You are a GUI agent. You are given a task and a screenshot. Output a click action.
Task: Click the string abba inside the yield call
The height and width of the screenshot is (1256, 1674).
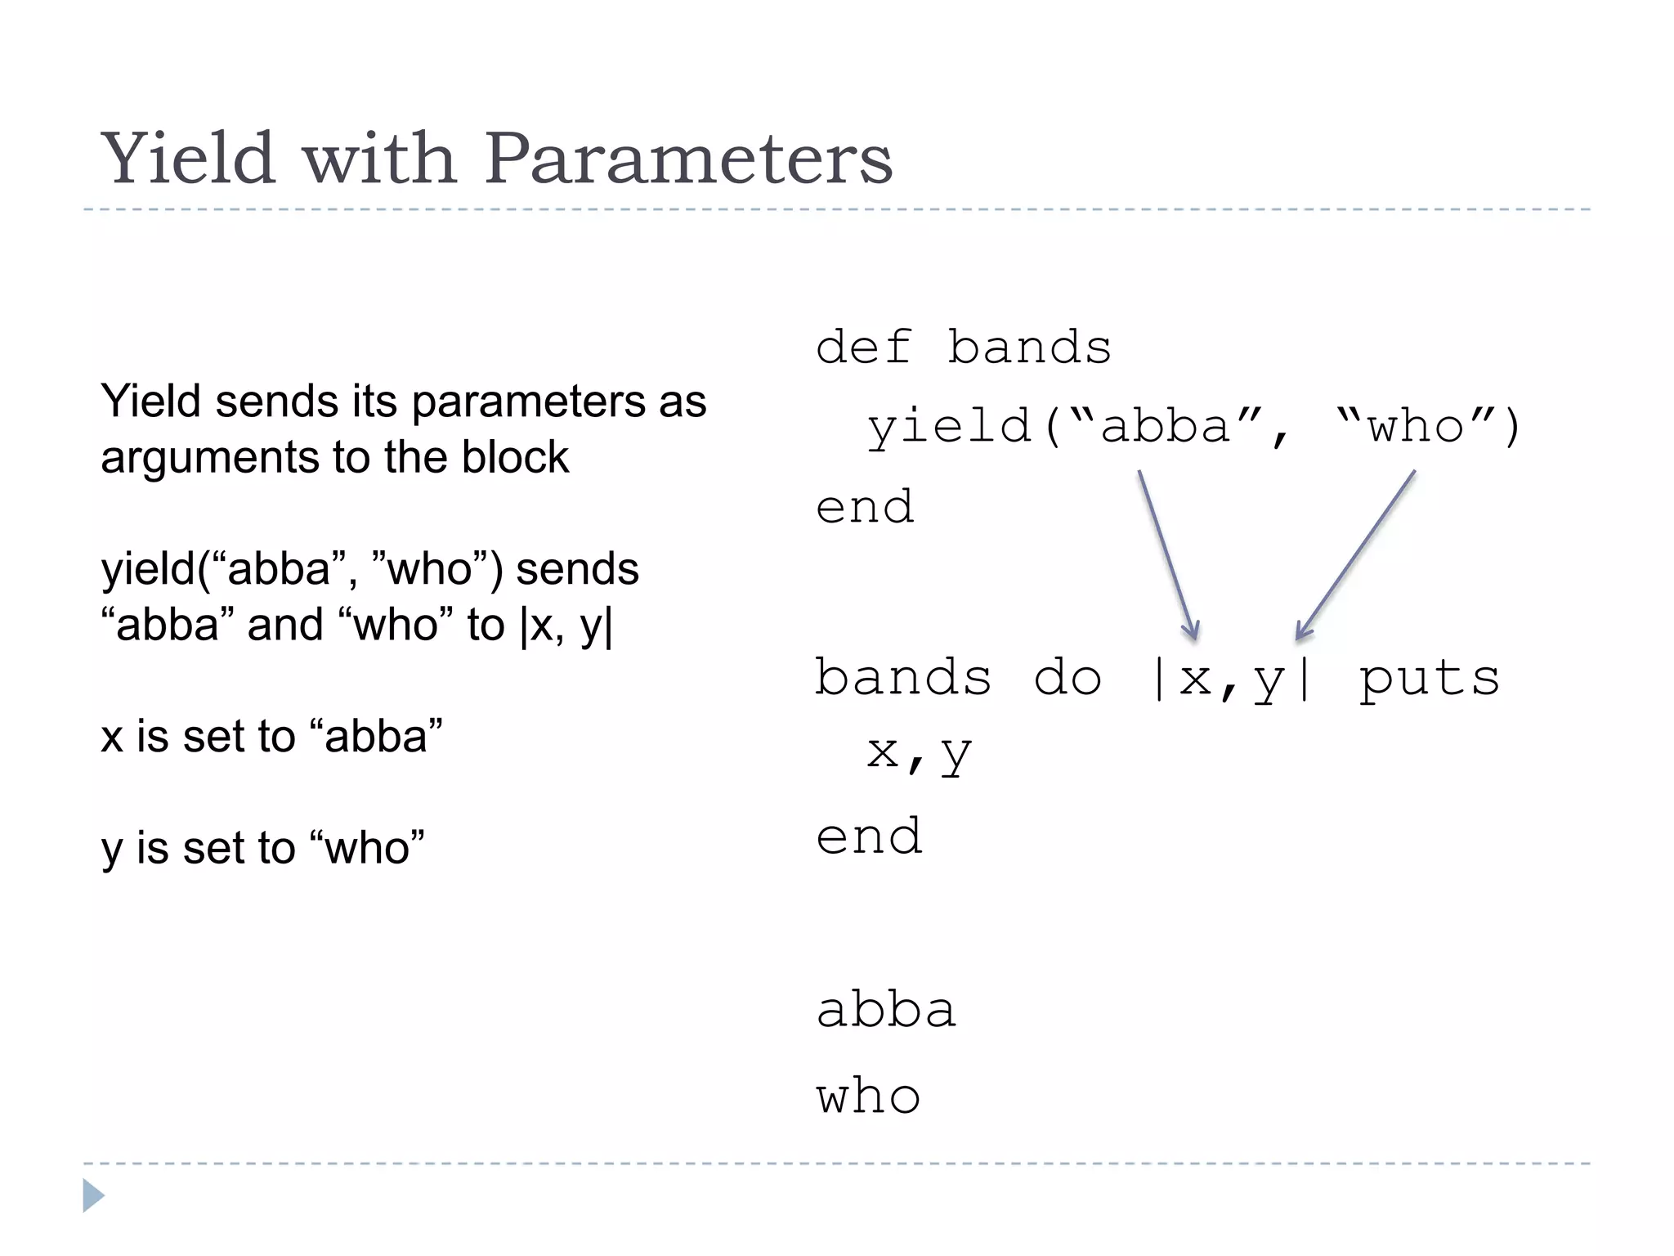pos(1165,426)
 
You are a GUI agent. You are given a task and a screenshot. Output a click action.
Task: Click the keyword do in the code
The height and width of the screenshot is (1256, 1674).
pos(1068,678)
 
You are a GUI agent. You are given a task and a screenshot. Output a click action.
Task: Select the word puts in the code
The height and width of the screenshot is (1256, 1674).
pos(1429,680)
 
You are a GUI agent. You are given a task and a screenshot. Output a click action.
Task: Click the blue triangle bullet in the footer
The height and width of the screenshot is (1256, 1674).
pos(93,1195)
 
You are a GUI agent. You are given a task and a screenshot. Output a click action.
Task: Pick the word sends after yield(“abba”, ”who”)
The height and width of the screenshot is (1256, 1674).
pos(577,569)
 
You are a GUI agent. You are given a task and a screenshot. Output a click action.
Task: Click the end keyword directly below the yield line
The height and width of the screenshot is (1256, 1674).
pos(865,507)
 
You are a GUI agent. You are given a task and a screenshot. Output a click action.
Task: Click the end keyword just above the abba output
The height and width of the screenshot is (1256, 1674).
pos(870,837)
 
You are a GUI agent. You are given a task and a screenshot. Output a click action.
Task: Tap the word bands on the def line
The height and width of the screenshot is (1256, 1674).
pos(1029,347)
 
